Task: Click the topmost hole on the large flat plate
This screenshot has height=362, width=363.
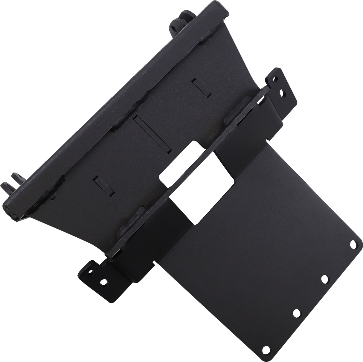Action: click(x=354, y=244)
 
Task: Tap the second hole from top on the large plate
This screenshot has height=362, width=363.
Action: click(x=324, y=279)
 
